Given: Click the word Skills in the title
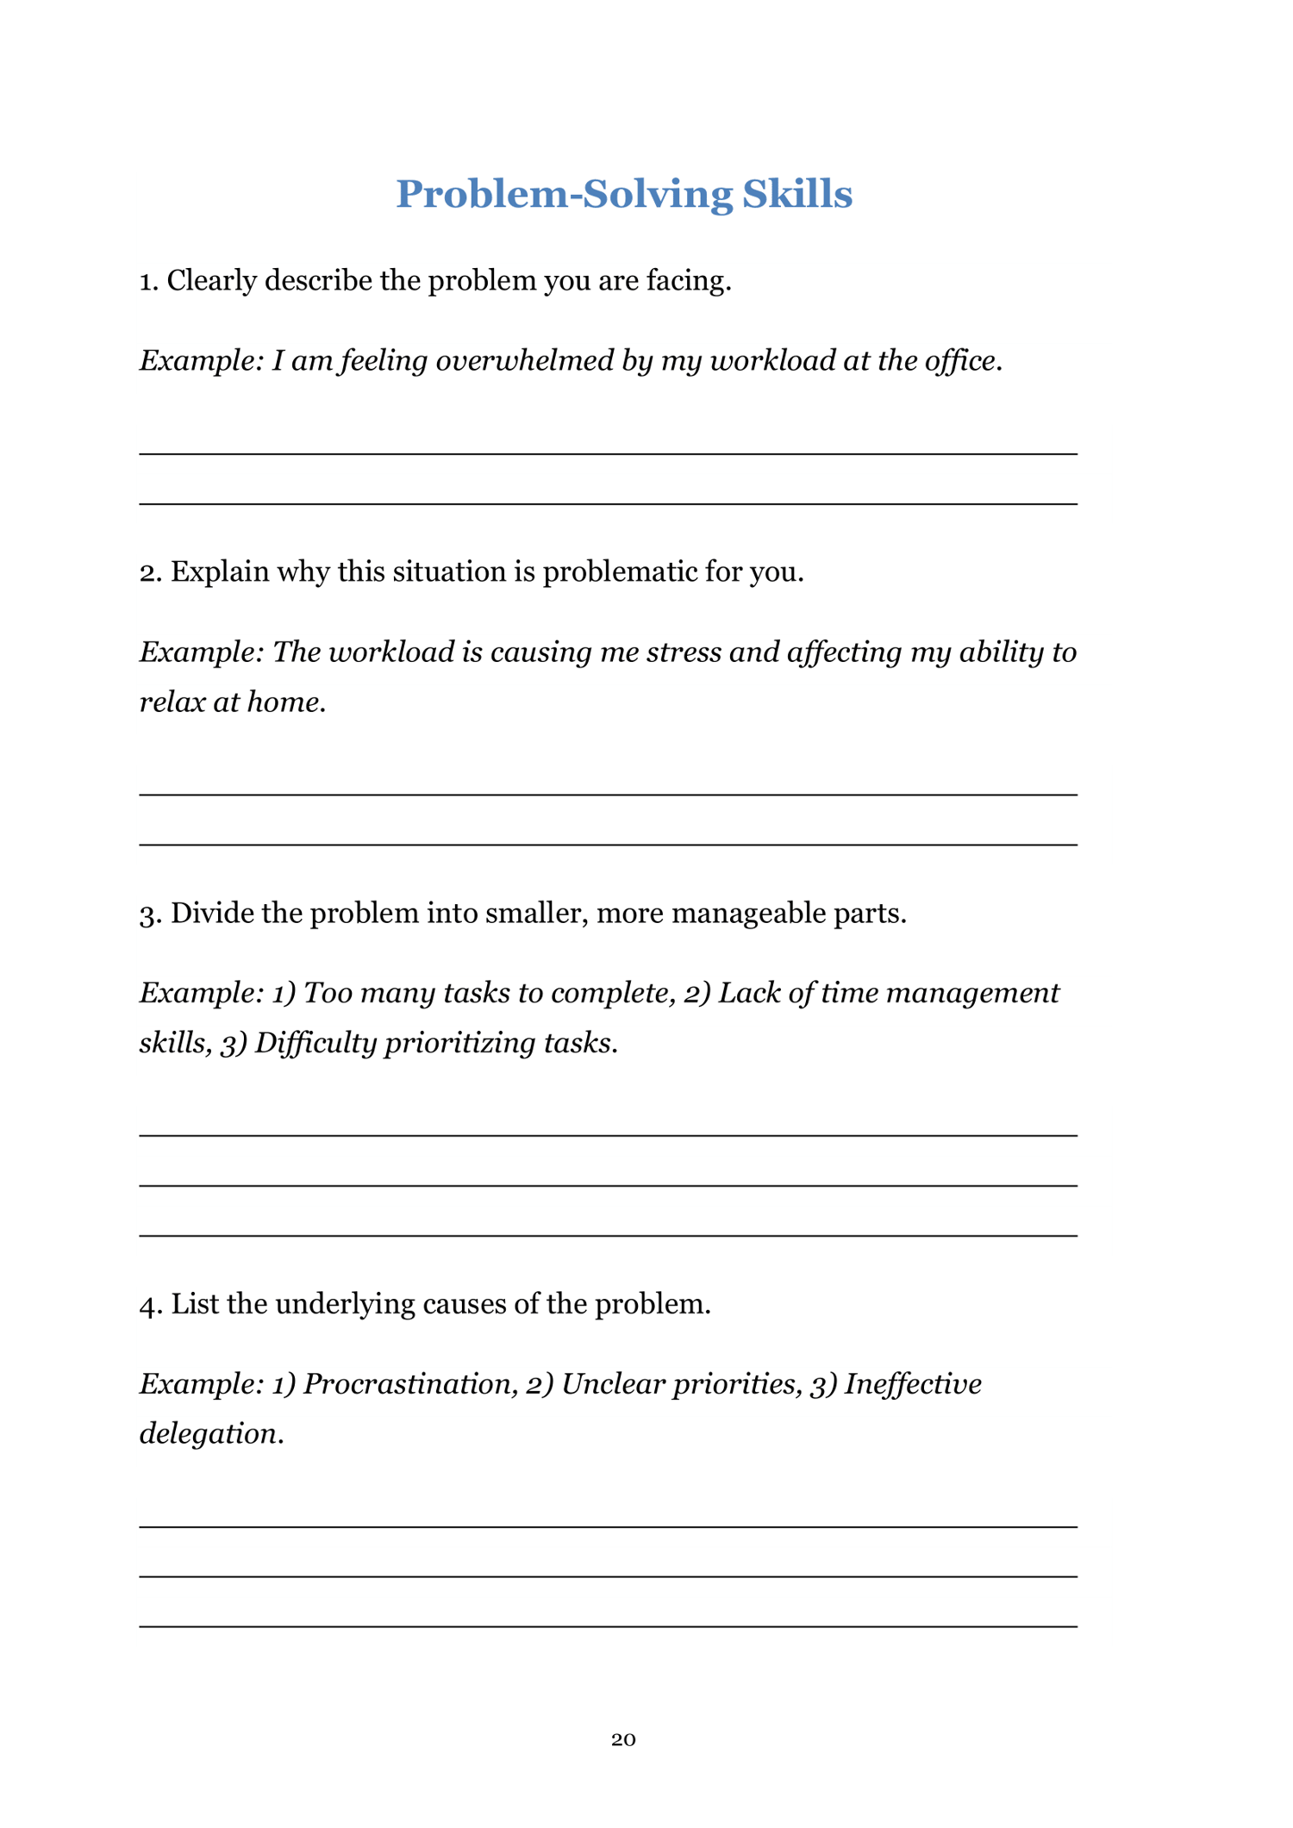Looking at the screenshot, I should click(796, 194).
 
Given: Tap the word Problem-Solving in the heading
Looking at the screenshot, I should click(564, 194).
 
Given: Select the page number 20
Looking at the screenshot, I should click(623, 1739).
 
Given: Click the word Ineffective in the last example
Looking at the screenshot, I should click(913, 1384).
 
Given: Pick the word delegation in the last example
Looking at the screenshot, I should click(208, 1434).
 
